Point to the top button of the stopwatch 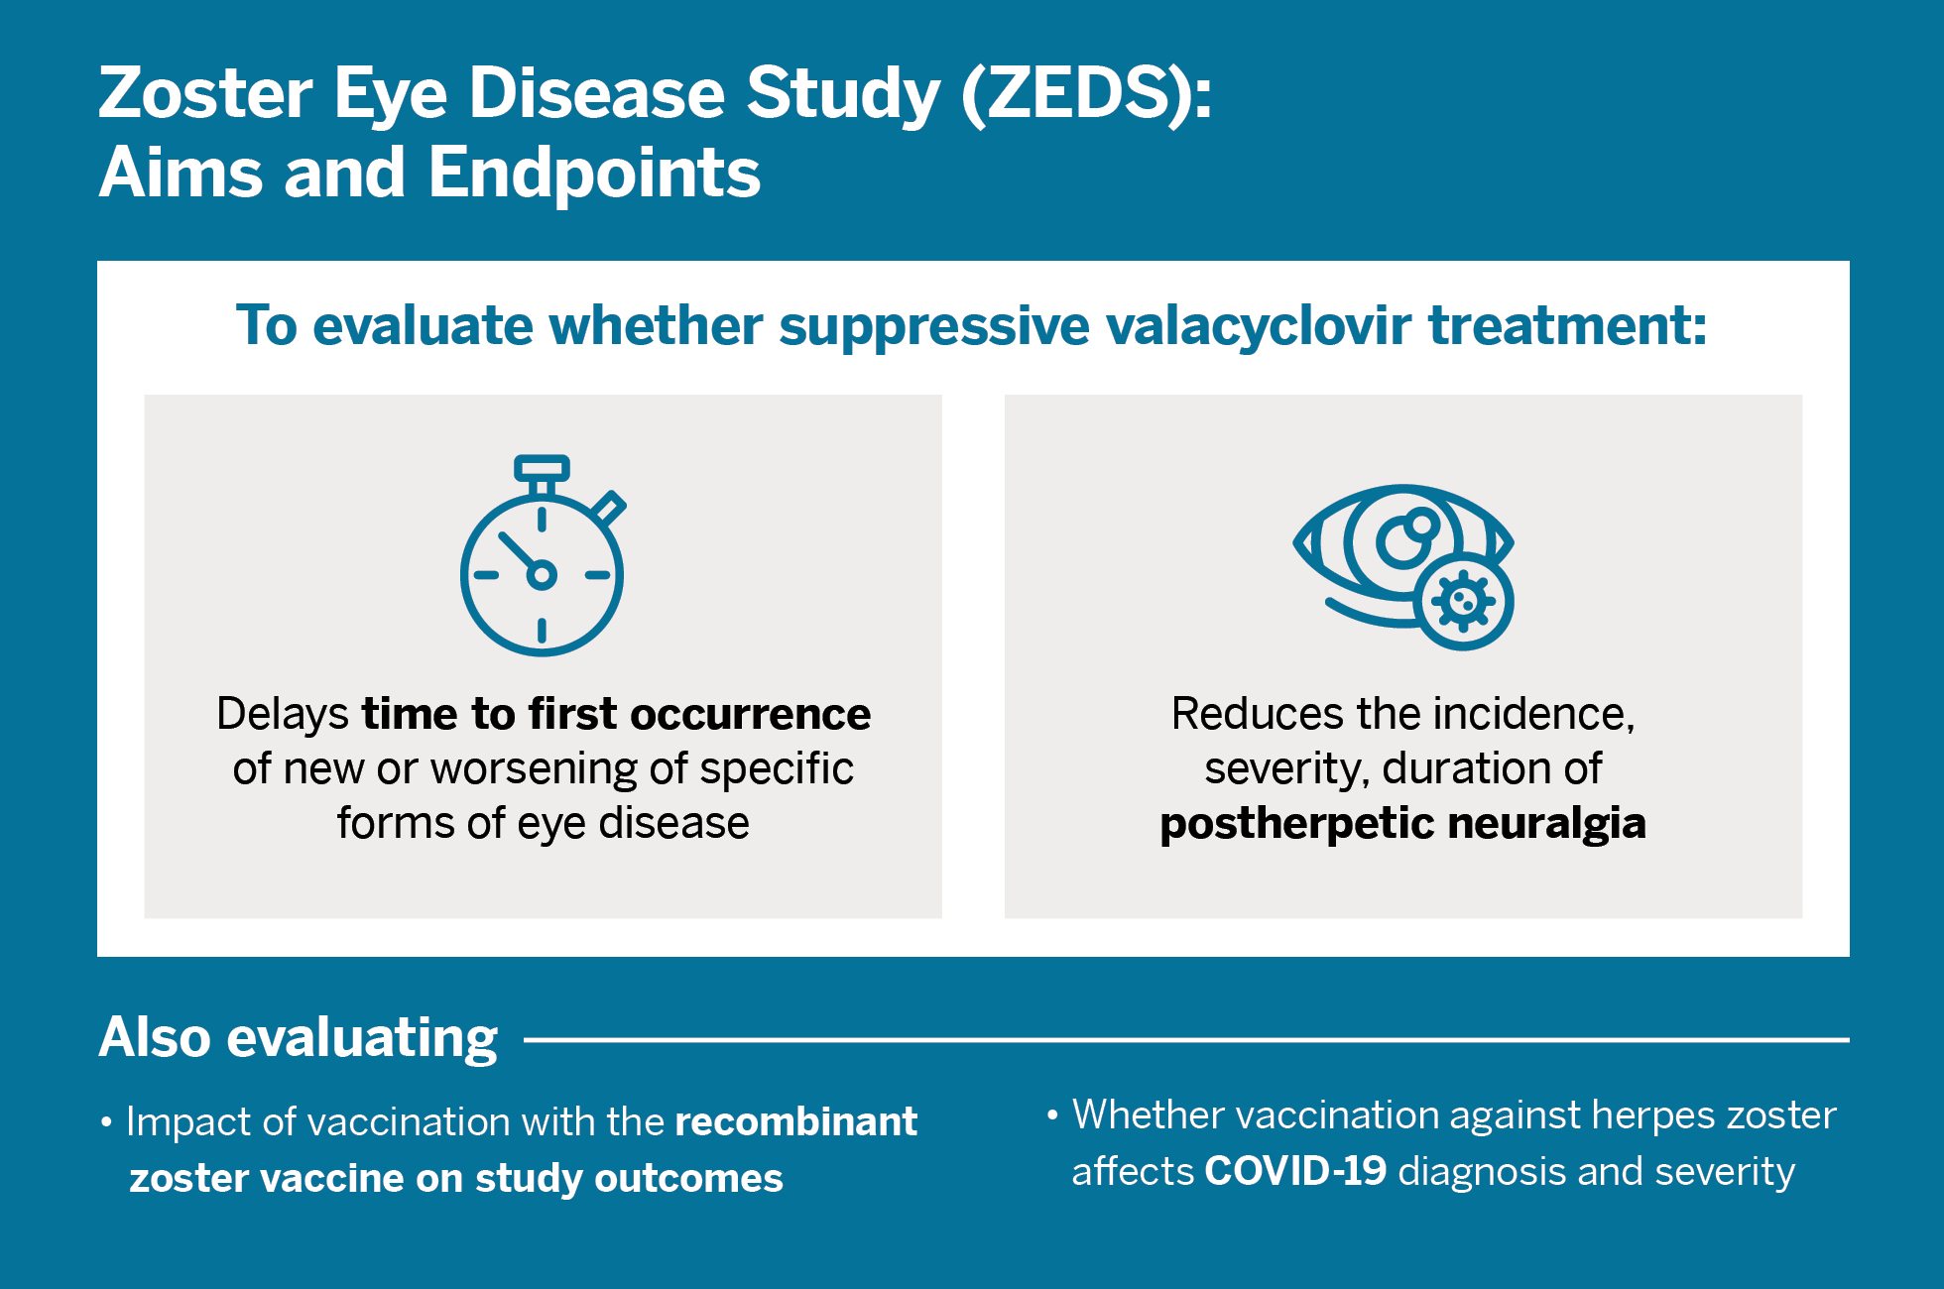[542, 467]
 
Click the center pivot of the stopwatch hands [542, 575]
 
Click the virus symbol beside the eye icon [1464, 601]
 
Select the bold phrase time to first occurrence [615, 714]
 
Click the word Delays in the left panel [283, 714]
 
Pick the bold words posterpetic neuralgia [1402, 824]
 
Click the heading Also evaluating [298, 1038]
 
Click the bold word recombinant [795, 1122]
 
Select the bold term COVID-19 [1294, 1172]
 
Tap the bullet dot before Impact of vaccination [106, 1124]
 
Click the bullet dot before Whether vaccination [1052, 1116]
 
